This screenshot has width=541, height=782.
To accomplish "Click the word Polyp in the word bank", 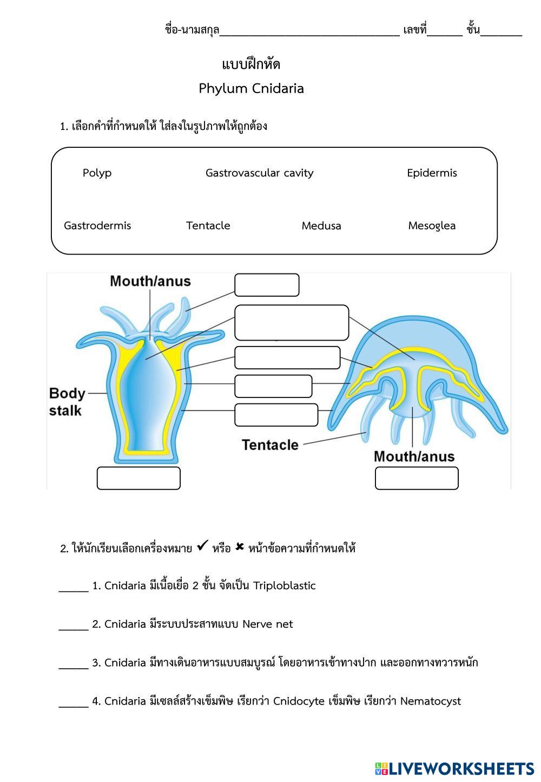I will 97,173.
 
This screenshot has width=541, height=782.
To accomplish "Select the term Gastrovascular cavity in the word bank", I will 259,173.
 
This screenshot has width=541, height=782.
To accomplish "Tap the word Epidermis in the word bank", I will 432,173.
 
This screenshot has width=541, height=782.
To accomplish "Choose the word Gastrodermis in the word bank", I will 97,226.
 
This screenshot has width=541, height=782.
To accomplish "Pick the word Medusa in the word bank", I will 321,226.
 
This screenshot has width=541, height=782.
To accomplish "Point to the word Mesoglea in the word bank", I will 432,226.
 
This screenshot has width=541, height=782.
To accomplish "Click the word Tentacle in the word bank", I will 208,226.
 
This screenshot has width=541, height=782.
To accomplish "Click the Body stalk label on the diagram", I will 67,402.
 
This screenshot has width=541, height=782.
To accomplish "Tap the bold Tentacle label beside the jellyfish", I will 270,445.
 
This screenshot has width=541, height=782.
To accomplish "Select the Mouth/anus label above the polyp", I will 150,281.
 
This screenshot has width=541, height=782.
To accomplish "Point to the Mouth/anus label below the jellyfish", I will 414,457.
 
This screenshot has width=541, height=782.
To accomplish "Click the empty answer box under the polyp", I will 138,478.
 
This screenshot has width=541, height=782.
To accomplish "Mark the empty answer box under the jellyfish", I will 417,478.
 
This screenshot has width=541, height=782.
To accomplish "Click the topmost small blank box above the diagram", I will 267,285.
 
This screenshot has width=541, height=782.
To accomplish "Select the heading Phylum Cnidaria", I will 251,89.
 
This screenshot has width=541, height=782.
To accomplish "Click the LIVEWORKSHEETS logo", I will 454,768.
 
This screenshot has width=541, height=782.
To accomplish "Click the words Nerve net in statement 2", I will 267,624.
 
